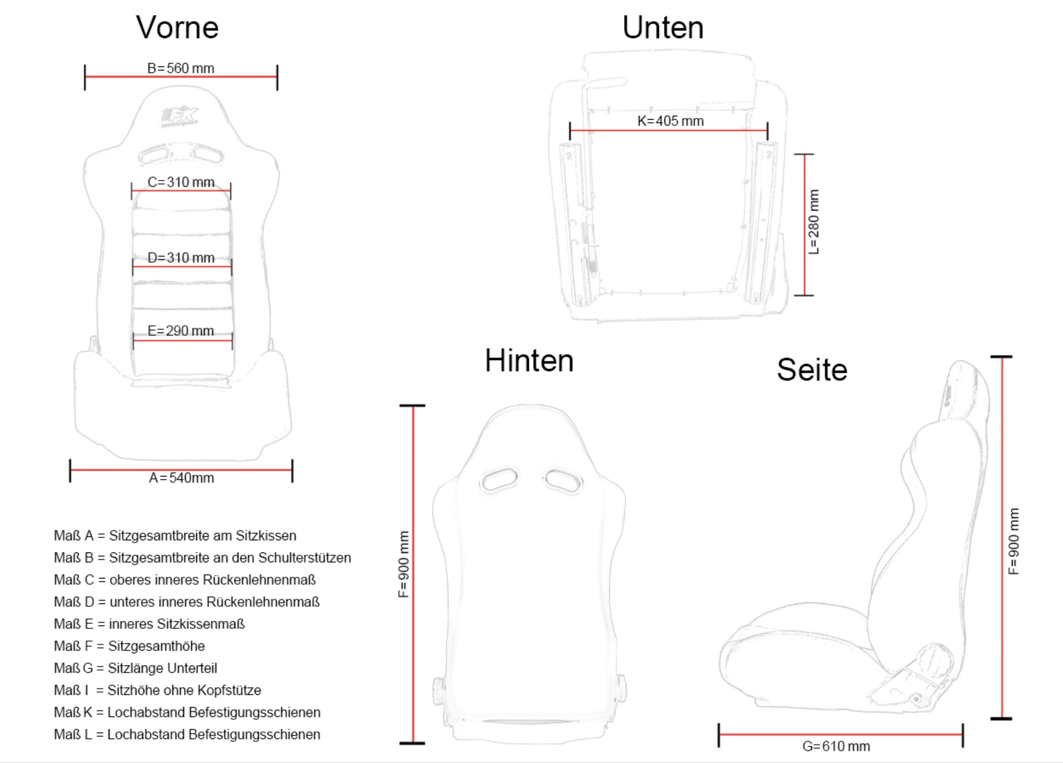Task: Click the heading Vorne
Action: point(177,27)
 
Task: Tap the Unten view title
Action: point(663,27)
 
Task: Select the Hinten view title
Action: point(529,361)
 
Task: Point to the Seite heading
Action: point(812,370)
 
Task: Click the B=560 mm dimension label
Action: point(181,68)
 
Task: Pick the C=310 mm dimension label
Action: point(181,182)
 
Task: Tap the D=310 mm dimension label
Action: point(181,258)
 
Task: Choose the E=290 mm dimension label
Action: point(181,331)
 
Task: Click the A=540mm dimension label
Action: point(181,478)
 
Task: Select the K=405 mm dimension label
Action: point(671,121)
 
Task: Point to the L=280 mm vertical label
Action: point(814,222)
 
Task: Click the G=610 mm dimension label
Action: point(836,746)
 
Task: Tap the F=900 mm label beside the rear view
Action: point(403,565)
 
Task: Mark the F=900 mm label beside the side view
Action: point(1014,541)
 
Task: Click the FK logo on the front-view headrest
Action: point(179,116)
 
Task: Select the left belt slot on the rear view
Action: point(499,479)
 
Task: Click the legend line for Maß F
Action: point(129,646)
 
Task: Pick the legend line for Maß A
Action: point(175,536)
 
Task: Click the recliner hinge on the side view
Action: point(933,660)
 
